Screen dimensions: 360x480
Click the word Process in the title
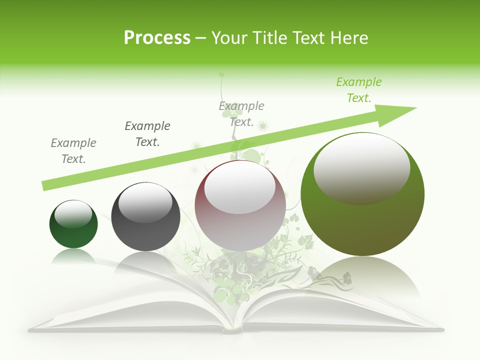(x=157, y=37)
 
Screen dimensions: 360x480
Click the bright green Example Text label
(x=359, y=90)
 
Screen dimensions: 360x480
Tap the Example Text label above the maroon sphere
(x=241, y=114)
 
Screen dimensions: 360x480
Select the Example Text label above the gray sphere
(x=147, y=134)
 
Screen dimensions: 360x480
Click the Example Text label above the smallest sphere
(x=73, y=151)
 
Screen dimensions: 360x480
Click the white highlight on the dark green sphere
(x=73, y=214)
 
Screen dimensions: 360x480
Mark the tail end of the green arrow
(x=46, y=185)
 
